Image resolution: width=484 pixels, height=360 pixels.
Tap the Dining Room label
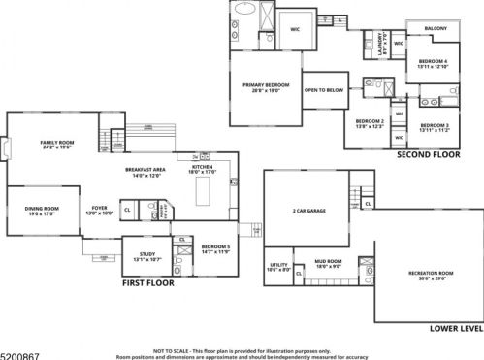click(x=42, y=210)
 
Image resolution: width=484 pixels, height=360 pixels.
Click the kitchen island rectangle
click(x=204, y=193)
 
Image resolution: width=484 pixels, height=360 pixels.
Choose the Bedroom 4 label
click(x=432, y=64)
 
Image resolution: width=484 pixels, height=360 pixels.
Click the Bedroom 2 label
click(x=370, y=122)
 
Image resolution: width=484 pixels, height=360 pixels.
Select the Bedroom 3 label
click(x=434, y=126)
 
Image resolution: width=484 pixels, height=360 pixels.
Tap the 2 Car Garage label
click(x=307, y=211)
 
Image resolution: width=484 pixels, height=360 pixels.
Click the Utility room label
click(x=279, y=267)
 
